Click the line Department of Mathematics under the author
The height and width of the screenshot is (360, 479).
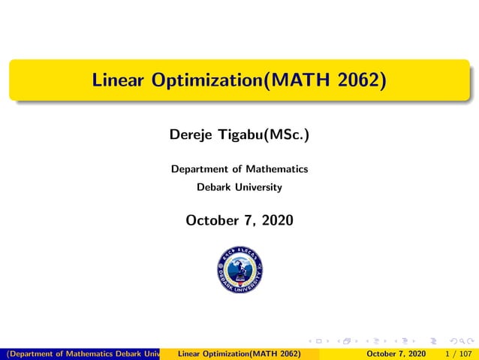click(239, 169)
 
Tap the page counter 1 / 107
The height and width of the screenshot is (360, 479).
click(458, 353)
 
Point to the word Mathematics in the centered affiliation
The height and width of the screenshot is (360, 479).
click(278, 169)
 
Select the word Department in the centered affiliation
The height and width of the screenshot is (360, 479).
click(199, 169)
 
